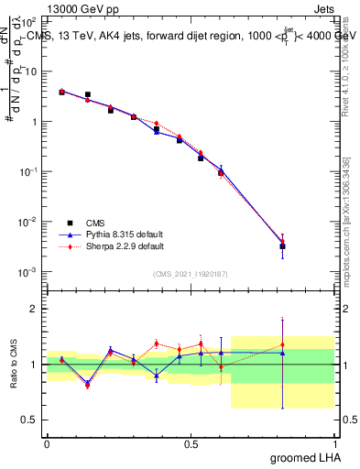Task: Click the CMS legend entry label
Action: click(96, 223)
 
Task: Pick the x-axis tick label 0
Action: click(47, 443)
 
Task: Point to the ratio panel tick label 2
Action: click(35, 310)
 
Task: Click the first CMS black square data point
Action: click(61, 92)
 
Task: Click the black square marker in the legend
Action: click(69, 223)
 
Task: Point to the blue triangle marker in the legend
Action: click(69, 234)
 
